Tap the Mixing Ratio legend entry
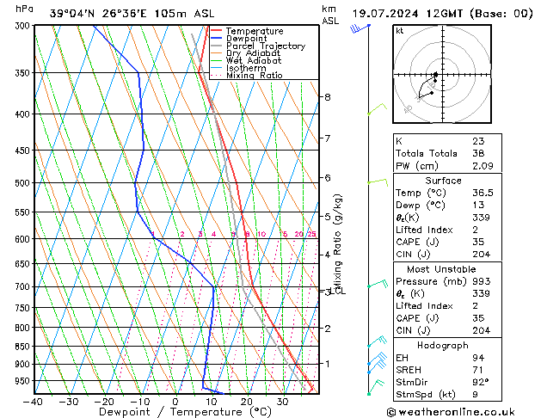click(x=254, y=76)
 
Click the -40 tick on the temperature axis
click(x=34, y=402)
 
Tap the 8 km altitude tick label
click(x=328, y=97)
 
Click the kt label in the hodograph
click(x=400, y=31)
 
